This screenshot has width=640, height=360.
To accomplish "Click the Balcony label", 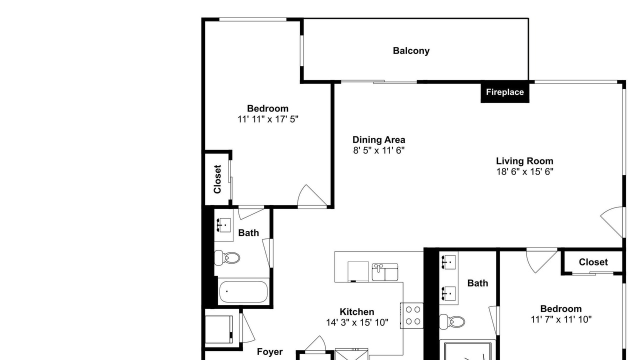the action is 411,51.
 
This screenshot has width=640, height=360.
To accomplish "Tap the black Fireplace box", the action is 505,92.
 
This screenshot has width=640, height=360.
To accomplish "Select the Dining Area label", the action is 378,139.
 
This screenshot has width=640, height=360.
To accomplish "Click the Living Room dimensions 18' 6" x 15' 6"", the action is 525,171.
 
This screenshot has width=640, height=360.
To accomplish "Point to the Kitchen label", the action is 357,311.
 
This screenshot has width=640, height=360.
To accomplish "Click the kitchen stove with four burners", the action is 411,315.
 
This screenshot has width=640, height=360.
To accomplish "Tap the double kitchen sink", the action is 385,271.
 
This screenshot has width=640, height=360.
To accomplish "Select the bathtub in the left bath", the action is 243,291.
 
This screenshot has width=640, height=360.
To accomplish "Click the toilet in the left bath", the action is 227,257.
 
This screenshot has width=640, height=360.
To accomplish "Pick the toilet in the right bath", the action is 452,321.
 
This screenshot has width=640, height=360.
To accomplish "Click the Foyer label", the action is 269,351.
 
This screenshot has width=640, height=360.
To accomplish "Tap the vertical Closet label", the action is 217,179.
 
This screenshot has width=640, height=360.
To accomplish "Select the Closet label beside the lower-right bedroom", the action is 593,262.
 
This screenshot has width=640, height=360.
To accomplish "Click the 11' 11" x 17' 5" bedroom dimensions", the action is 268,119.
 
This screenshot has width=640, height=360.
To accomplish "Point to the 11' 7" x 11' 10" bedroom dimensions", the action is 561,319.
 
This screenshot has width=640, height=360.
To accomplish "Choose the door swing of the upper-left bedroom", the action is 312,195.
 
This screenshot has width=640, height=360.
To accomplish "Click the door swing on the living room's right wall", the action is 611,222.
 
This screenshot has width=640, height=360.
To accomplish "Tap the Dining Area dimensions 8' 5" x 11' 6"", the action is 379,150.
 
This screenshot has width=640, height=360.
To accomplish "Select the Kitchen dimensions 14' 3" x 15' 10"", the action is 357,322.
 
